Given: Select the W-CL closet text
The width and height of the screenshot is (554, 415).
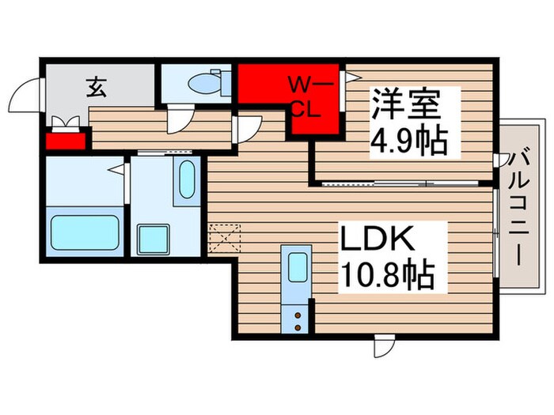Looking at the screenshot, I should [305, 96].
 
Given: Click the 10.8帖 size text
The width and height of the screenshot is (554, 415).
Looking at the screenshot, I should [387, 274].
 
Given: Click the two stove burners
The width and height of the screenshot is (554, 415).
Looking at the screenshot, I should [297, 319].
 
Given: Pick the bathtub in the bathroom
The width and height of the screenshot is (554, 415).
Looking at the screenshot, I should [84, 232].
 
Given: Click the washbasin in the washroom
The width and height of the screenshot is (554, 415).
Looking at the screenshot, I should [187, 183].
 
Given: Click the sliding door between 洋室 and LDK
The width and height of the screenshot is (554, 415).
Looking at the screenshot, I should [406, 183].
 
